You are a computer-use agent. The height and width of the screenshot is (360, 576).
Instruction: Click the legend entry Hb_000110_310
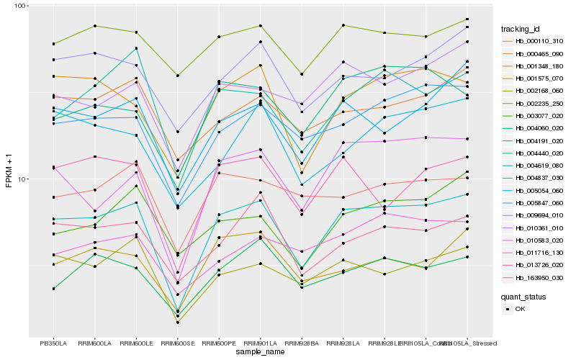(x=539, y=41)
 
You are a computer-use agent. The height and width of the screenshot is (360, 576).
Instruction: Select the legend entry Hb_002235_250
(x=539, y=103)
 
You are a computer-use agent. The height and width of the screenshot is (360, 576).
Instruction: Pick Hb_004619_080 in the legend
(x=539, y=165)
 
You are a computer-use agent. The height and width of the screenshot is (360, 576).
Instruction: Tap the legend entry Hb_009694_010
(x=539, y=215)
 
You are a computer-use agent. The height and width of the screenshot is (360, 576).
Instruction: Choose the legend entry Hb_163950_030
(x=539, y=277)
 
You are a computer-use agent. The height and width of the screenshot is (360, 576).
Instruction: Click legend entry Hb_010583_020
(x=539, y=240)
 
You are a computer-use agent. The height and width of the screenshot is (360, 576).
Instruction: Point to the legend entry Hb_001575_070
(x=539, y=78)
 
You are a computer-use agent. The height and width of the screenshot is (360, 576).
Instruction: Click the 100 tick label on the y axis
(x=19, y=6)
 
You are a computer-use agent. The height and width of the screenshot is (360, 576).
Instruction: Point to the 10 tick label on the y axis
(x=22, y=179)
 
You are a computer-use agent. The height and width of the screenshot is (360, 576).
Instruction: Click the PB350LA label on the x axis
(x=53, y=343)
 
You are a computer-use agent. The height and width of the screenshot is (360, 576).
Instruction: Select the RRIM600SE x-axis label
(x=177, y=343)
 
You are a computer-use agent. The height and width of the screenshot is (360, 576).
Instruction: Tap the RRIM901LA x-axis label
(x=260, y=343)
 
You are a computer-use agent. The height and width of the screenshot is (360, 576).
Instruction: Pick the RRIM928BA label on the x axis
(x=302, y=343)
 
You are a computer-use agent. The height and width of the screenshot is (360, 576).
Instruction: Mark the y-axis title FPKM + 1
(x=9, y=171)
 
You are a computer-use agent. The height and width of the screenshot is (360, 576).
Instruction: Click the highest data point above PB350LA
(x=53, y=44)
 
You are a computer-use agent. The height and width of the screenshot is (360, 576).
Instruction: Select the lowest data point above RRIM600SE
(x=177, y=323)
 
